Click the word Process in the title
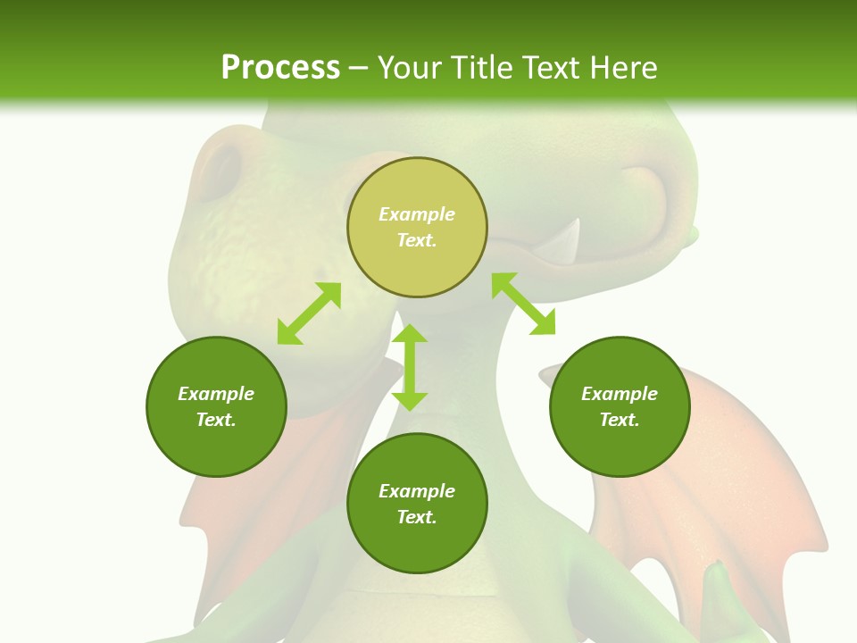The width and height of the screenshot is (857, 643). (x=280, y=68)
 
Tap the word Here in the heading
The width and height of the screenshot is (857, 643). (x=622, y=68)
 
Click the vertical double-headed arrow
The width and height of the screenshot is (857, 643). (x=410, y=367)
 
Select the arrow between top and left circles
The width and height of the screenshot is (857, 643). (x=309, y=313)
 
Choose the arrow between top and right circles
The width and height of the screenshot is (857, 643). (x=524, y=304)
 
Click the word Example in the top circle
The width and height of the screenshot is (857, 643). (x=417, y=214)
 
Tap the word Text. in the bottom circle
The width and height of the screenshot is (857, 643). (x=417, y=517)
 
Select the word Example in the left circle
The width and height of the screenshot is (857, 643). (x=216, y=394)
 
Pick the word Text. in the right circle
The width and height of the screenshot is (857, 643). (x=620, y=420)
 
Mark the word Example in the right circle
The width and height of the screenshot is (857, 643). (x=620, y=394)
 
